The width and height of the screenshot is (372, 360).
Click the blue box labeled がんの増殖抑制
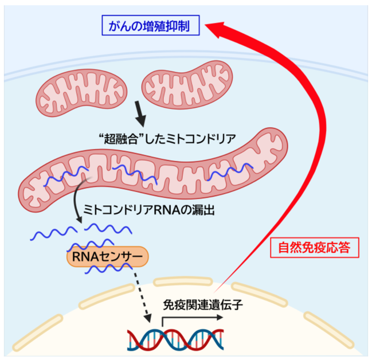tap(150, 25)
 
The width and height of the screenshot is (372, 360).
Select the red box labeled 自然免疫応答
tap(315, 248)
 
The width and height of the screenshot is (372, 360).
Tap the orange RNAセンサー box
tap(107, 257)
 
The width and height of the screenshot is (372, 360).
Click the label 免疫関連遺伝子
tap(203, 305)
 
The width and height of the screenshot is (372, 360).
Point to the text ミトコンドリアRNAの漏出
tap(149, 210)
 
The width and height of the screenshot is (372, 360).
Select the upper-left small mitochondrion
tap(81, 92)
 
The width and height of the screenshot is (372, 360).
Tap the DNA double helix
tap(175, 340)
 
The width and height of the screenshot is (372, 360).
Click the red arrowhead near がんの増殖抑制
tap(216, 29)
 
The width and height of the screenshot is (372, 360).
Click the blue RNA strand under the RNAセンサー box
tap(108, 269)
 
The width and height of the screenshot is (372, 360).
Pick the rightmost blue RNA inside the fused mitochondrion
tap(230, 171)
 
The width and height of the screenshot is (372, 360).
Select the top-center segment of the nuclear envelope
tap(183, 281)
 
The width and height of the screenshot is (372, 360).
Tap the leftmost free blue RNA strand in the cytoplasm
tap(54, 233)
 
